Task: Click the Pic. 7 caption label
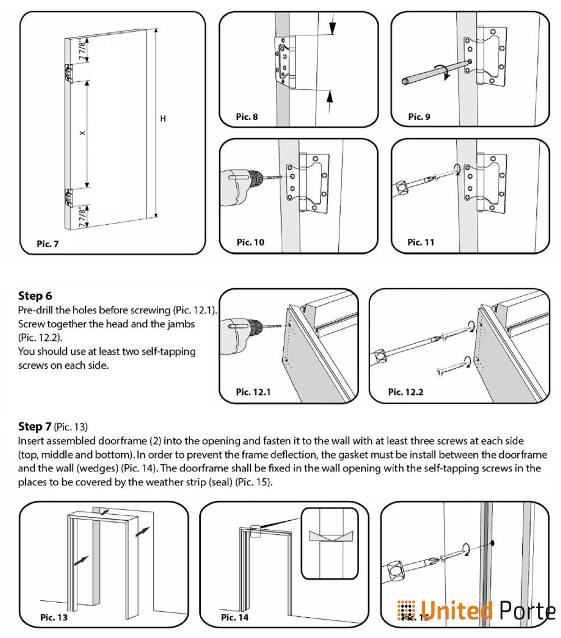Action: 48,244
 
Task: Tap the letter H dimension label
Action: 163,119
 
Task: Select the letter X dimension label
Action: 82,133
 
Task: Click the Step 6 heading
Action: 35,295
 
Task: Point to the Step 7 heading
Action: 35,427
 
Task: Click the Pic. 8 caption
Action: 247,117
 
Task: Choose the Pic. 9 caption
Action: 419,117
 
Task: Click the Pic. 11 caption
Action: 421,242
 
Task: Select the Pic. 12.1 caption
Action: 254,392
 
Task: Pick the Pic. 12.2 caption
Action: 406,392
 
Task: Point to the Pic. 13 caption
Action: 54,617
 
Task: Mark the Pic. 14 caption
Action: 234,617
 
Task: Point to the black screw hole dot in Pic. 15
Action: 492,543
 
